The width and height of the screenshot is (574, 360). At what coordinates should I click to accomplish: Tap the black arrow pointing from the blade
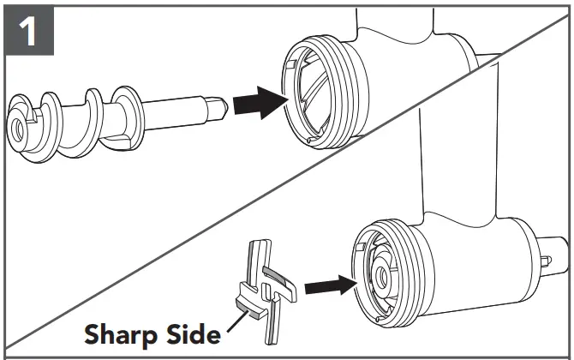point(329,284)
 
